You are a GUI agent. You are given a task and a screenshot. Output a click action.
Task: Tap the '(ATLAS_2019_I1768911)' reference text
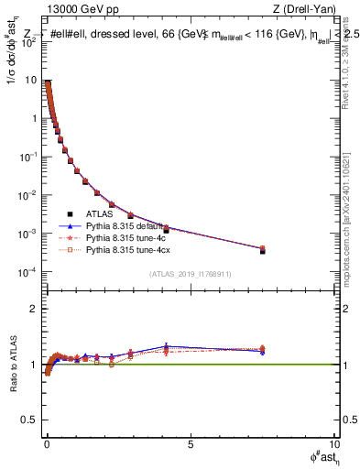[190, 273]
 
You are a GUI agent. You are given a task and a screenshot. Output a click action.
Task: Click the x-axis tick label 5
[191, 446]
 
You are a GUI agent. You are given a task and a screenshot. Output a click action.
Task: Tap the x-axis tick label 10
[333, 446]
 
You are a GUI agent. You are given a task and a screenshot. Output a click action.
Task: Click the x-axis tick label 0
[47, 446]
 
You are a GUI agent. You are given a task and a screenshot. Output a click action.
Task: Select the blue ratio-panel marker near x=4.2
[166, 346]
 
